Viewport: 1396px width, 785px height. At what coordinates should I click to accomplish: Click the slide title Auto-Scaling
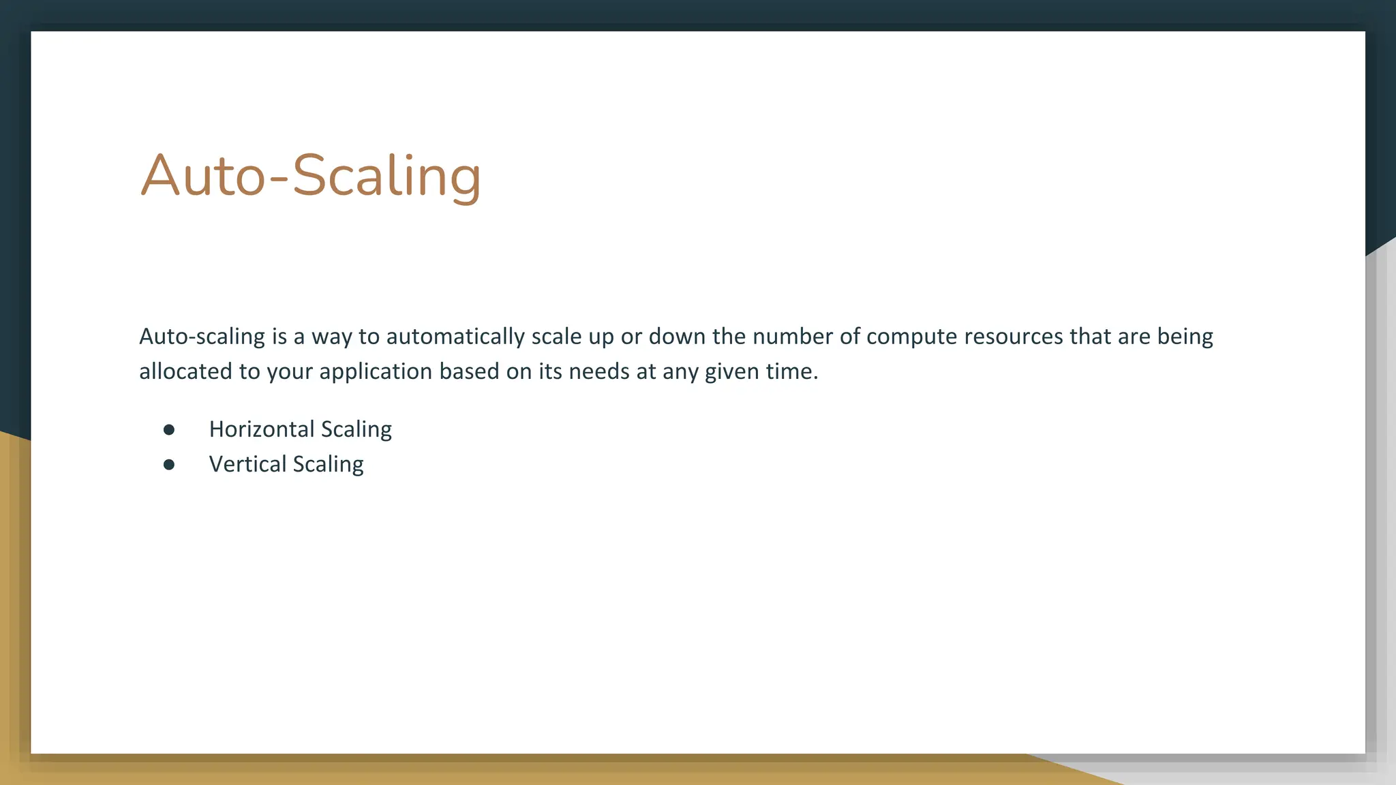pyautogui.click(x=311, y=176)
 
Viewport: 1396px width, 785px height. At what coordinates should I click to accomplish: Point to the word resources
pyautogui.click(x=1014, y=337)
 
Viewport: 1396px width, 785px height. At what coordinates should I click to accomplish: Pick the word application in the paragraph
pyautogui.click(x=376, y=372)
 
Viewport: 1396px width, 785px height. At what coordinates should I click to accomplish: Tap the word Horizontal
pyautogui.click(x=262, y=429)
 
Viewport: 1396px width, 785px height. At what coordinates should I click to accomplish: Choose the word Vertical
pyautogui.click(x=247, y=464)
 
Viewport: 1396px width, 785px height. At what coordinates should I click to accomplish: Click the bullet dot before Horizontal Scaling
pyautogui.click(x=169, y=430)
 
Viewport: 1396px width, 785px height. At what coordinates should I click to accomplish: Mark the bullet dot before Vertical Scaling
pyautogui.click(x=169, y=465)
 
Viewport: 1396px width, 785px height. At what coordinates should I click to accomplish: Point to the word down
pyautogui.click(x=677, y=337)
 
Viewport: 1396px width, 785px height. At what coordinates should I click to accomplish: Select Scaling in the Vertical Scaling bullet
pyautogui.click(x=328, y=465)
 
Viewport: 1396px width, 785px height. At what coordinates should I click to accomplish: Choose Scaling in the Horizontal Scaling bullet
pyautogui.click(x=356, y=430)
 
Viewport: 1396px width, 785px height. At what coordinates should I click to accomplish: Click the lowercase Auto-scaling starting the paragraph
pyautogui.click(x=202, y=337)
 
